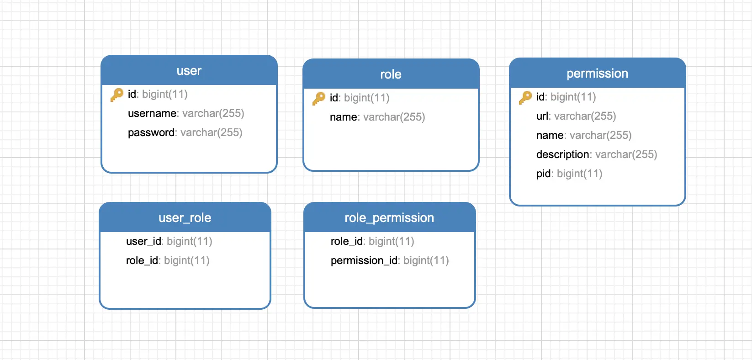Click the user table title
tap(189, 71)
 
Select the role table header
tap(391, 74)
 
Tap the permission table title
tap(597, 74)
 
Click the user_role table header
tap(185, 218)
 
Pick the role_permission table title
tap(389, 218)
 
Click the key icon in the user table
tap(117, 95)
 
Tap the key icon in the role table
tap(318, 98)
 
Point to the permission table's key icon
tap(525, 97)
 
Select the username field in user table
tap(152, 113)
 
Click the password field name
tap(151, 132)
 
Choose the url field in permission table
tap(542, 116)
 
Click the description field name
tap(563, 154)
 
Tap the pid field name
tap(544, 174)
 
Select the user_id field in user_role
tap(144, 242)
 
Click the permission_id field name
tap(364, 260)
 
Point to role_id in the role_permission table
tap(347, 242)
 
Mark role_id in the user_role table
tap(142, 260)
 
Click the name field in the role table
tap(343, 117)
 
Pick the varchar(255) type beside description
tap(626, 154)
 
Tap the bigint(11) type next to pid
tap(579, 174)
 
